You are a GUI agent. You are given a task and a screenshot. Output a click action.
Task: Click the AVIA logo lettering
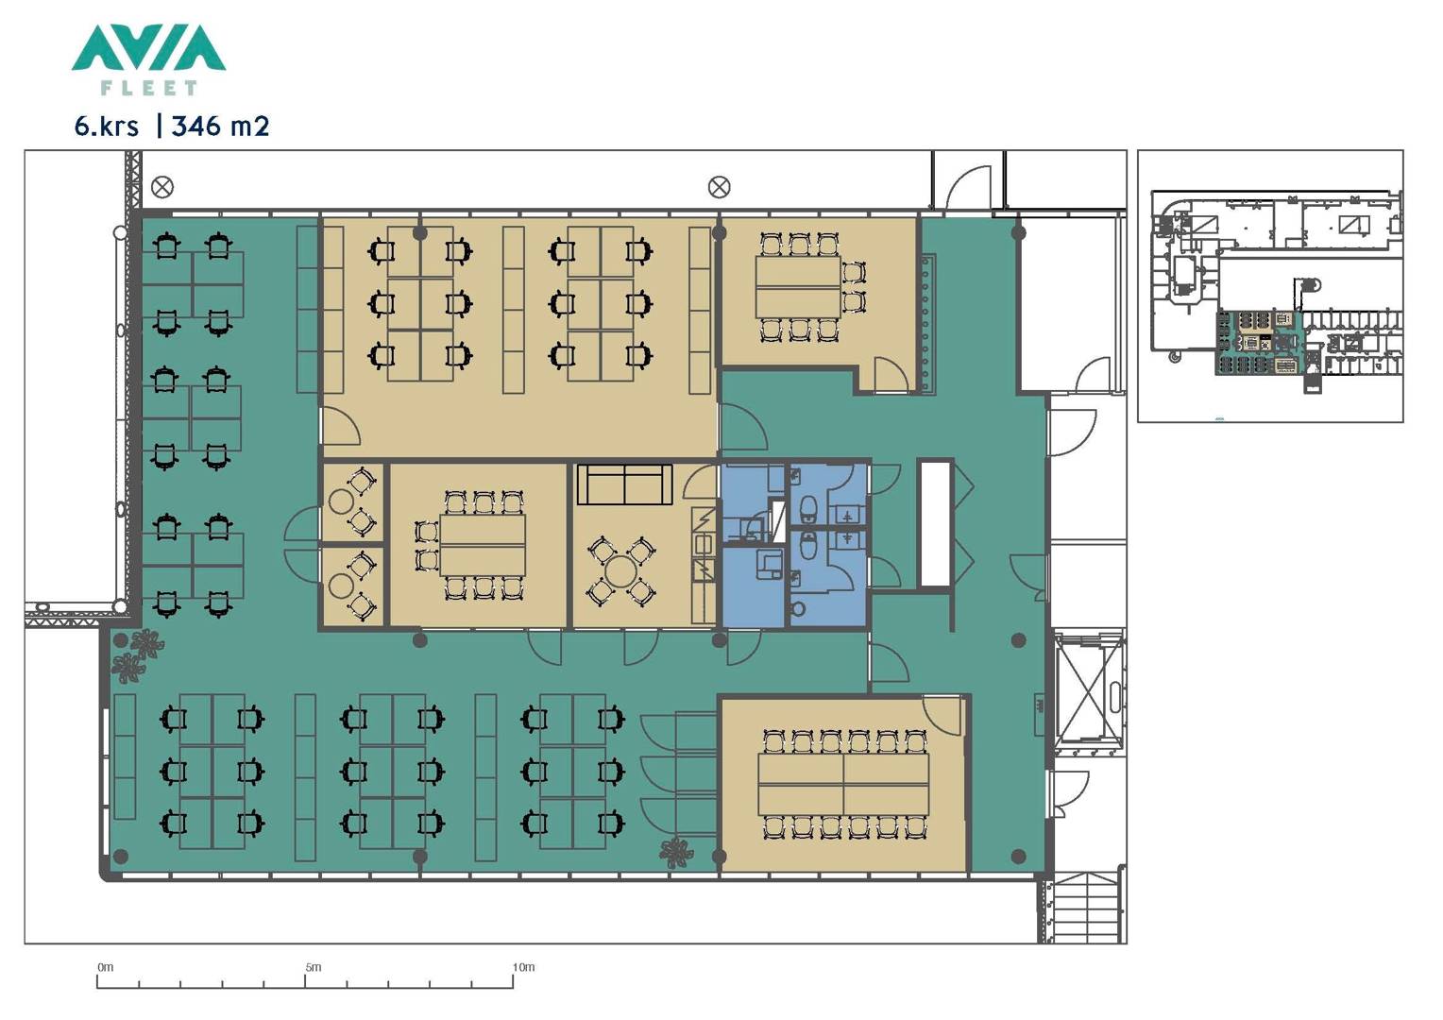(x=149, y=47)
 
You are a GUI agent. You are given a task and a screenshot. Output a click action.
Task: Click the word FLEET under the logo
(x=149, y=88)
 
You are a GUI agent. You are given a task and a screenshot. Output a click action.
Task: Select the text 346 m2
(x=220, y=127)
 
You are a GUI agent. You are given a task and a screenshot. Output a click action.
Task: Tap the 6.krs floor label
(x=107, y=127)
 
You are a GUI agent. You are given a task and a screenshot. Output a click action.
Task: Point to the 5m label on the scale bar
(x=314, y=967)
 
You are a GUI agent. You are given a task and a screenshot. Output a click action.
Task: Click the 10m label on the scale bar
(x=523, y=967)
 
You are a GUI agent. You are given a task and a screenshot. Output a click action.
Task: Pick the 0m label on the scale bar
(x=106, y=967)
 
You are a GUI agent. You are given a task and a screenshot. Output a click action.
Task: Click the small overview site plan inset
(x=1270, y=286)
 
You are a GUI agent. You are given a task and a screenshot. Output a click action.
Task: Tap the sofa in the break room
(x=625, y=484)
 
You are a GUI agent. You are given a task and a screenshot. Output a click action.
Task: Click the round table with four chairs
(x=620, y=571)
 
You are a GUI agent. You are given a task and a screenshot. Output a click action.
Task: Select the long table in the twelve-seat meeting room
(x=843, y=784)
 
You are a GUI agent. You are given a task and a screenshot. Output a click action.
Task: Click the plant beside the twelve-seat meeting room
(x=676, y=853)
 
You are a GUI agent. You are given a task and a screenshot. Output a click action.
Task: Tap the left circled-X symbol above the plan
(x=162, y=188)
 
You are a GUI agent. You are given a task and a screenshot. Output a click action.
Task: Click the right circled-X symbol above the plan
(x=719, y=188)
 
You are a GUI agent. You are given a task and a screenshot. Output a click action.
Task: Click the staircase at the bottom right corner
(x=1085, y=908)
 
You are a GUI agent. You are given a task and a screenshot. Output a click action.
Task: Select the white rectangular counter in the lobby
(x=935, y=523)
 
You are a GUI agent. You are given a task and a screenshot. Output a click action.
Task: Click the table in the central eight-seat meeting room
(x=483, y=545)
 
